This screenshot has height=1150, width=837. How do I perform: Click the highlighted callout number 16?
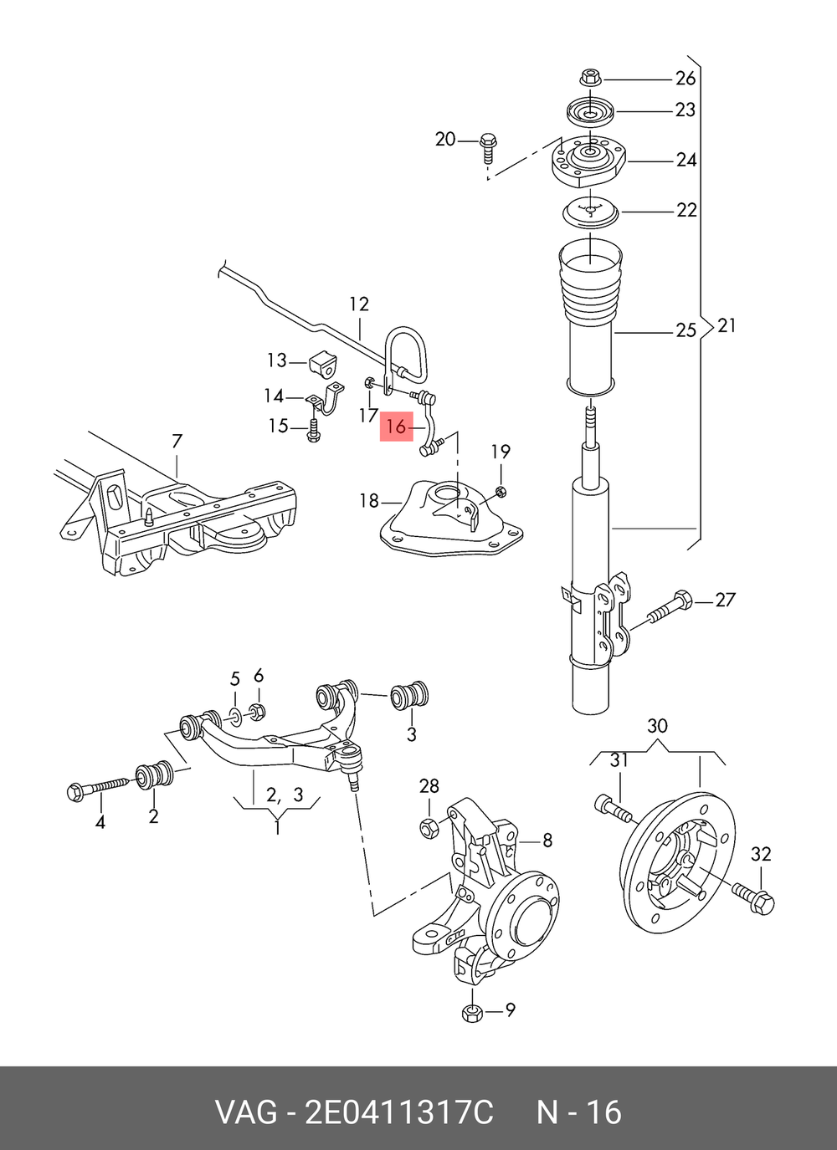396,426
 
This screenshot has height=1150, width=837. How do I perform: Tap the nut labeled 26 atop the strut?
591,79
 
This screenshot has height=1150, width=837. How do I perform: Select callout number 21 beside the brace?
726,326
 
